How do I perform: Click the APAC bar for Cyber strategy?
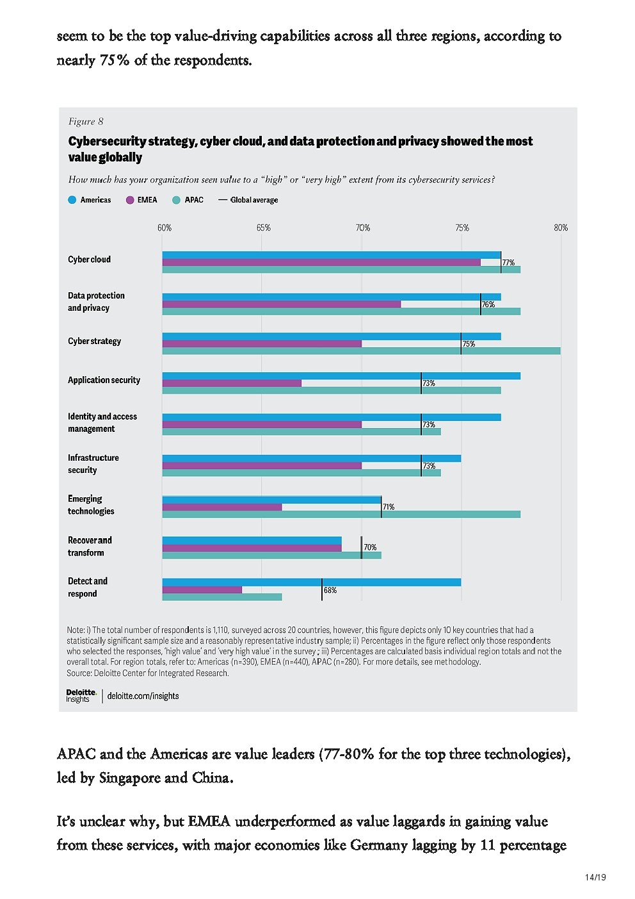361,351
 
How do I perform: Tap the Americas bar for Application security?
341,376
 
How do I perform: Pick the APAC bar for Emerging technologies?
341,514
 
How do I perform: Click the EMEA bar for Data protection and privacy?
281,304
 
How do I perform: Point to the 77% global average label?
508,263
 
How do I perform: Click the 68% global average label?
330,590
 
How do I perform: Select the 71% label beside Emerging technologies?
389,507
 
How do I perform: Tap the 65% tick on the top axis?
263,228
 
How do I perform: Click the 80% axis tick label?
561,228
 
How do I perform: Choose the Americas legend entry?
90,200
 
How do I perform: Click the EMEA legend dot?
130,200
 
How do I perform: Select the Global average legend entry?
248,200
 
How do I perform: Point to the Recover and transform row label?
90,547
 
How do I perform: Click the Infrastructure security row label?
93,464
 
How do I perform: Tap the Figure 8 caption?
86,122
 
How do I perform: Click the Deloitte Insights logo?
81,696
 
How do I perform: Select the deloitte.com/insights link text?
143,696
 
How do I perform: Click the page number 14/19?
595,877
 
